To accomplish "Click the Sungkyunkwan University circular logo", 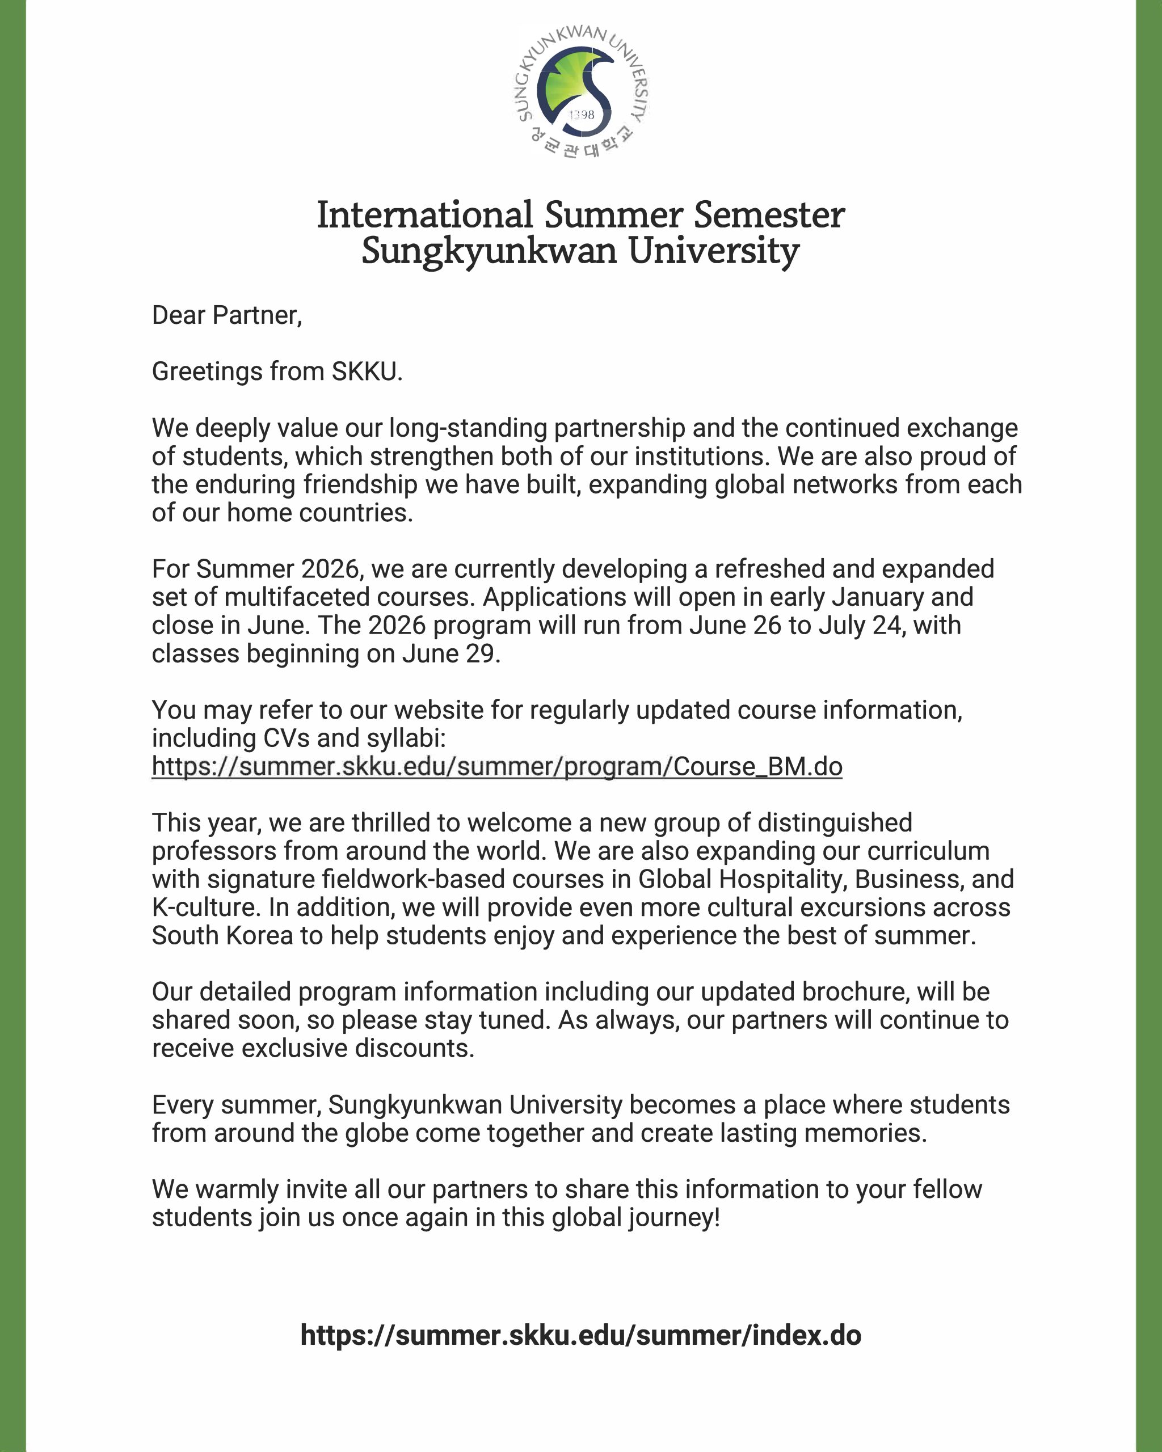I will pos(580,91).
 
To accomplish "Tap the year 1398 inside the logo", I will pos(582,115).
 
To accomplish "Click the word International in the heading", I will pos(425,215).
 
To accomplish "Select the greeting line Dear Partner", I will pos(226,315).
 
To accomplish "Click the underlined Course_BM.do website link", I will pos(496,766).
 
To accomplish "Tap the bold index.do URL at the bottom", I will pos(580,1335).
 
